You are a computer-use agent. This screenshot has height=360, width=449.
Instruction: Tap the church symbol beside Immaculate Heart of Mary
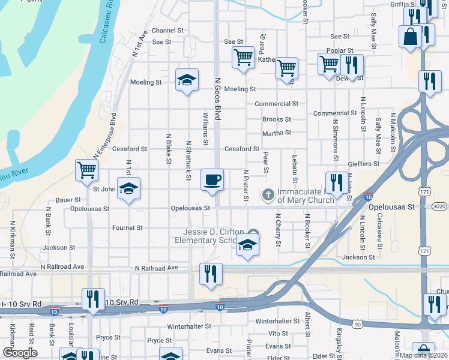coord(268,194)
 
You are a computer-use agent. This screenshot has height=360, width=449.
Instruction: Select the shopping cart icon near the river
coord(87,170)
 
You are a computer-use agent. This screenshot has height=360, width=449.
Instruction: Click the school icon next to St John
coord(128,189)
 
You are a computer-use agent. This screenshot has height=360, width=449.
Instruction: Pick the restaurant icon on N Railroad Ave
coord(211,274)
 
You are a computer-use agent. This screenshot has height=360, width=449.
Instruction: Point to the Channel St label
coord(167,31)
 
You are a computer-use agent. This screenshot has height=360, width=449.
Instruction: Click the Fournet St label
coord(127,228)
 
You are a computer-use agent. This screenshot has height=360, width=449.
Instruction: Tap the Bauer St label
coord(68,199)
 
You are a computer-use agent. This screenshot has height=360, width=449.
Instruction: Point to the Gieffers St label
coord(364,163)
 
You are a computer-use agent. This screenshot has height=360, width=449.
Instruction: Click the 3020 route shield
coord(438,206)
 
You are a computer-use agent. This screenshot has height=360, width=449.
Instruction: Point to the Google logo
coord(20,353)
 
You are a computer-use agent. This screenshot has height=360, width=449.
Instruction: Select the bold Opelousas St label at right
coord(391,206)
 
